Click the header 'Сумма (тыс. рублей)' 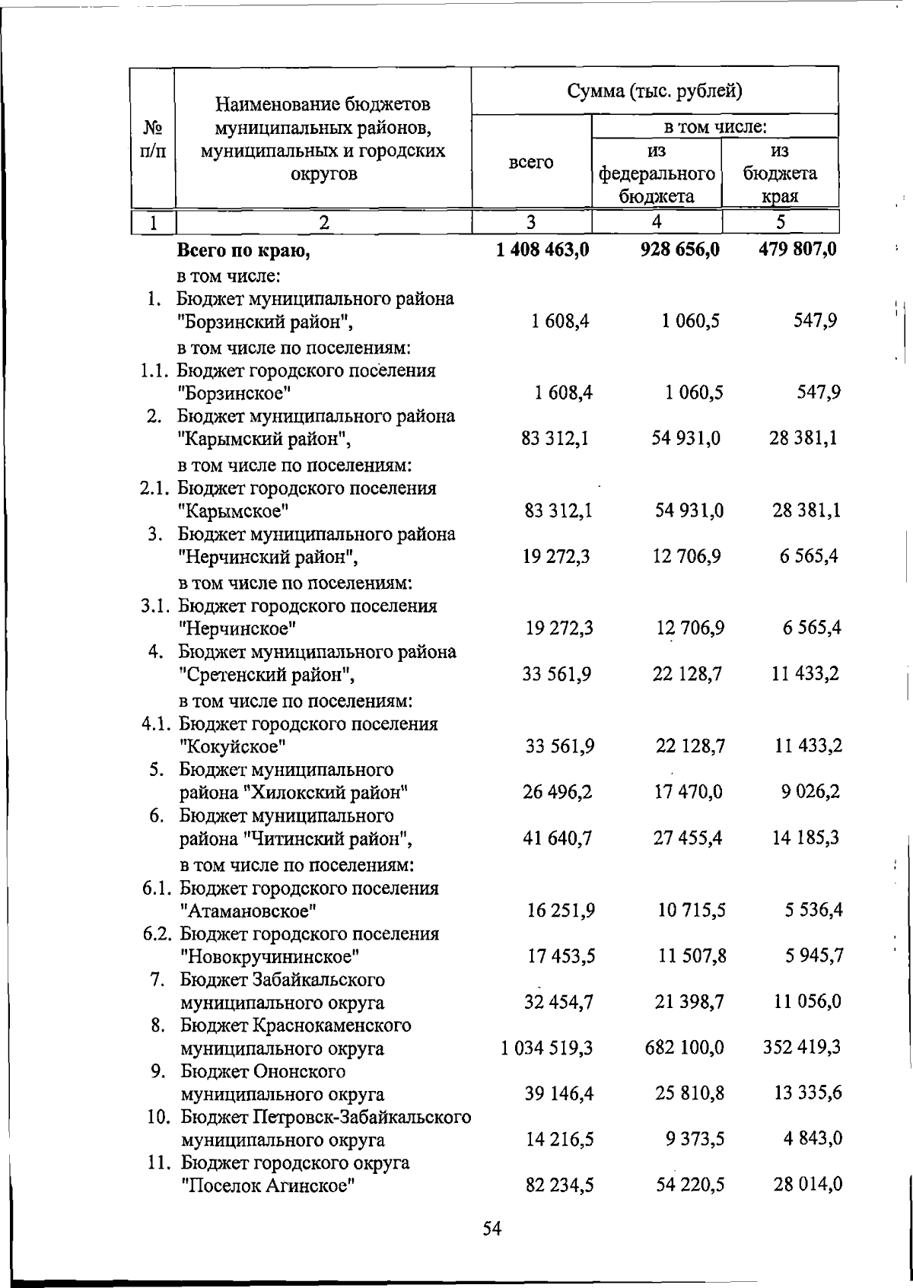(x=654, y=93)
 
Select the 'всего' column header (x=531, y=162)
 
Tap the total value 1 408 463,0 (x=542, y=249)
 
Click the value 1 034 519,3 (x=547, y=1048)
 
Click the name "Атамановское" (x=248, y=911)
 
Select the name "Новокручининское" (x=269, y=956)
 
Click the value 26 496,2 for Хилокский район (x=557, y=793)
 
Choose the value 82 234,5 (x=559, y=1186)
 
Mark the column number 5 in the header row (x=780, y=222)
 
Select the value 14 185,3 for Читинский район (x=806, y=838)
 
